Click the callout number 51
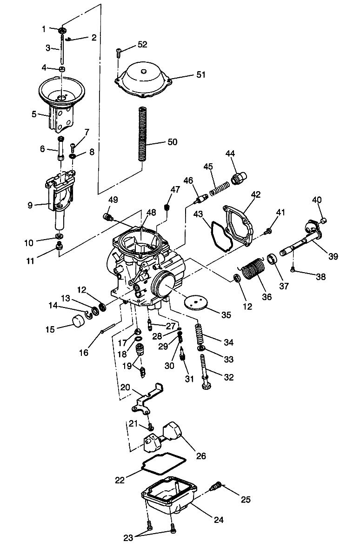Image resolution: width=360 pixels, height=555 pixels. tap(200, 74)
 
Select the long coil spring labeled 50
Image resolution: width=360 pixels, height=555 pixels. tap(145, 134)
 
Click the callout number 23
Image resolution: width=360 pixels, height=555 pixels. tap(128, 538)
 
